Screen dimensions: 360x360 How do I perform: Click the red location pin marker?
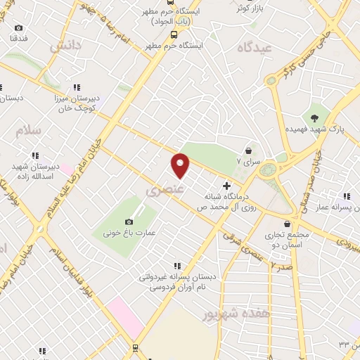coord(181,165)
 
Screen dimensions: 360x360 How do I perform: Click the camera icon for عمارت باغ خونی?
coord(128,222)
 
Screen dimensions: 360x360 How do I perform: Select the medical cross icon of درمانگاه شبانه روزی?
coord(226,185)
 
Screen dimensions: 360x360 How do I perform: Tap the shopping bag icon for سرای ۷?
coord(248,150)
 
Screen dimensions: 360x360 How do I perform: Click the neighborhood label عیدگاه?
coord(254,48)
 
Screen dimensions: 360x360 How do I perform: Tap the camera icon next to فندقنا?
coord(18,27)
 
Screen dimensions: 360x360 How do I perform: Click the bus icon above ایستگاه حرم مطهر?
coord(173,33)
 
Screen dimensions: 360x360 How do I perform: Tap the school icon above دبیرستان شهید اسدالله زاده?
coord(34,155)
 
